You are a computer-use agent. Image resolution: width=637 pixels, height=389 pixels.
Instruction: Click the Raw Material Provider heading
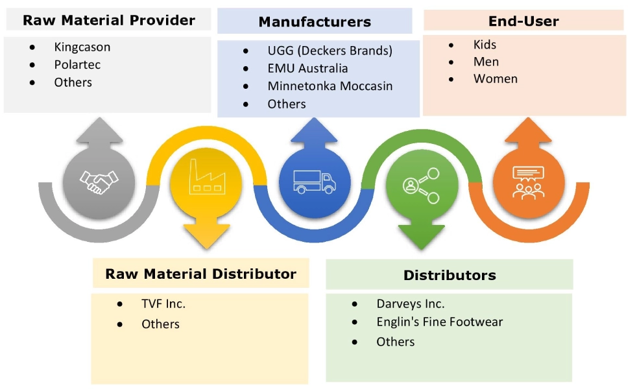tap(108, 20)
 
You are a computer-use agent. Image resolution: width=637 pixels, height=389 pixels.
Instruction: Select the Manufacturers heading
tap(315, 22)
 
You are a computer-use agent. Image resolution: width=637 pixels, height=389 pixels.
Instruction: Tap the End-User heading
tap(523, 21)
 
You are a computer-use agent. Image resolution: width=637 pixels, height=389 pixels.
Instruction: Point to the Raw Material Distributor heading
tap(200, 274)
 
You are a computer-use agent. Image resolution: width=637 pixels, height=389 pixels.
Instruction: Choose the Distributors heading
tap(449, 275)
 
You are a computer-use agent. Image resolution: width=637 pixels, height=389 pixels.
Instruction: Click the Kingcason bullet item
tap(82, 47)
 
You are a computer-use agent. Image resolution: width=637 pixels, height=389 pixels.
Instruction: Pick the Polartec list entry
tap(77, 65)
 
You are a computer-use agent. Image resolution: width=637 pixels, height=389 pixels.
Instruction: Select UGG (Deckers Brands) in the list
tap(330, 51)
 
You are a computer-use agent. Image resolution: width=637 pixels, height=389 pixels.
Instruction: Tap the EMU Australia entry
tap(307, 68)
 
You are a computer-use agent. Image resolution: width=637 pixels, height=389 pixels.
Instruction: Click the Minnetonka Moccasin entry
tap(330, 86)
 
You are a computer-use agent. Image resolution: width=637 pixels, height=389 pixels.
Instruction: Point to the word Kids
tap(485, 45)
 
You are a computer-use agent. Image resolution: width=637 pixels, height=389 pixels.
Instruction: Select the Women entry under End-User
tap(495, 79)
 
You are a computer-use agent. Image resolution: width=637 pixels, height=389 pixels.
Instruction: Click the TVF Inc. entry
tap(163, 303)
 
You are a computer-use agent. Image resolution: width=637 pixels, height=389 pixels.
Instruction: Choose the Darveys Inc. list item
tap(410, 303)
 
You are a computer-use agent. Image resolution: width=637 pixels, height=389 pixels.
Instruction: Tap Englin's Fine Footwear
tap(439, 322)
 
